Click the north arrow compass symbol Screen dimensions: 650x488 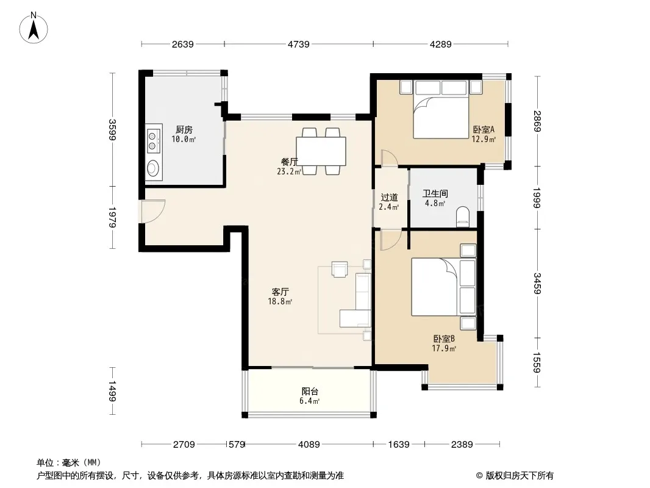pos(34,28)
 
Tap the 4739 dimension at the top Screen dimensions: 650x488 pos(298,44)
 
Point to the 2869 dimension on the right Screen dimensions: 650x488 pos(537,121)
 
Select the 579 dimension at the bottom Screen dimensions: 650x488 pos(237,445)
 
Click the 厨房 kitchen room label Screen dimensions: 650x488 pos(184,130)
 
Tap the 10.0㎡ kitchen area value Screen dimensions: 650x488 pos(184,139)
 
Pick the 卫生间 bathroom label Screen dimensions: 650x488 pos(435,193)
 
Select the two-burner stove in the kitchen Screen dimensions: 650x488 pos(154,140)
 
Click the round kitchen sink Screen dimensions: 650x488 pos(153,168)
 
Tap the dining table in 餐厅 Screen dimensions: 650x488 pos(321,151)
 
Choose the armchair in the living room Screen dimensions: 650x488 pos(340,268)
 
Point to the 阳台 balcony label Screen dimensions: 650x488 pos(310,392)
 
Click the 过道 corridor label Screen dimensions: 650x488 pos(389,198)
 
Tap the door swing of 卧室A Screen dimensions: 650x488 pos(389,158)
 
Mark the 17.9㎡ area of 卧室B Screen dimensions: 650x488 pos(444,349)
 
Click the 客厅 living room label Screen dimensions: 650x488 pos(280,292)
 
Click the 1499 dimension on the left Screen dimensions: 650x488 pos(112,391)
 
